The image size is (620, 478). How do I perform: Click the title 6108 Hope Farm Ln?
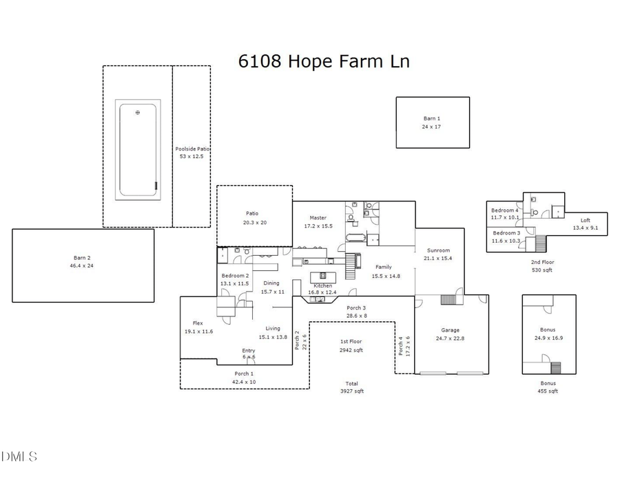[x=324, y=61]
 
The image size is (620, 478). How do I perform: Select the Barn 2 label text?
[x=83, y=261]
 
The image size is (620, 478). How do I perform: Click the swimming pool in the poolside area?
[x=138, y=151]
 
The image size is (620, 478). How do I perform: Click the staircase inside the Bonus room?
[x=556, y=367]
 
